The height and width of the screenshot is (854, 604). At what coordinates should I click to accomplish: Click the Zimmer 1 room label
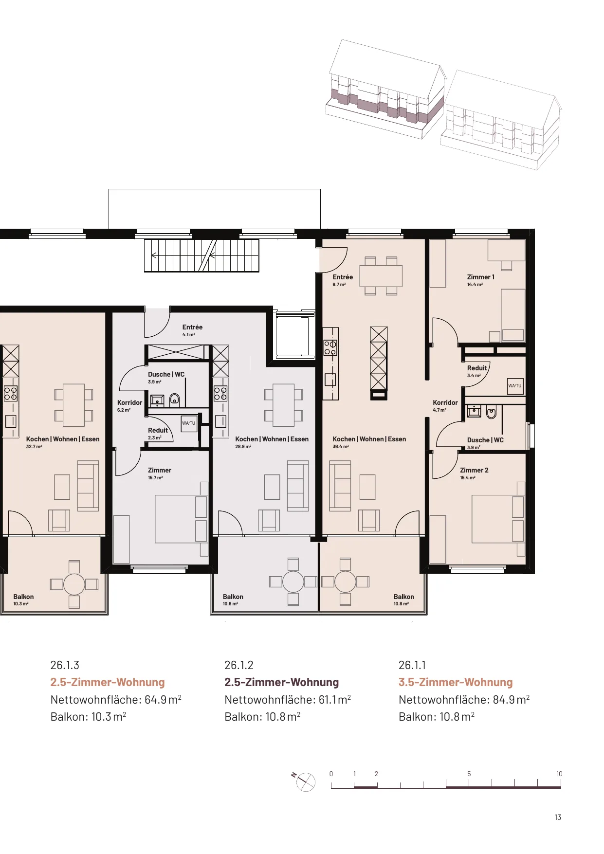click(x=480, y=280)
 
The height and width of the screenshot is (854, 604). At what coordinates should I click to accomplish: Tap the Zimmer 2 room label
click(x=474, y=473)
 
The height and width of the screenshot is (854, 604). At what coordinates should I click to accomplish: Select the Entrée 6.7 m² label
click(x=343, y=280)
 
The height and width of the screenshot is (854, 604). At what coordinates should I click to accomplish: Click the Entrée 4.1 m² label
click(x=192, y=330)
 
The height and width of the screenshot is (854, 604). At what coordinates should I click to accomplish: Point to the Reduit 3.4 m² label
click(x=477, y=371)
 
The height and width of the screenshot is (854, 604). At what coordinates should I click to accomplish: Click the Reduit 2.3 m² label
click(x=158, y=434)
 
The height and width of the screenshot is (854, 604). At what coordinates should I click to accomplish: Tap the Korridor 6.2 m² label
click(x=129, y=406)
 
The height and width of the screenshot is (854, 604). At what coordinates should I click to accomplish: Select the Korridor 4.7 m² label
click(x=445, y=406)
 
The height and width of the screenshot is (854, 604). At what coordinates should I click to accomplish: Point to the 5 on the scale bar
click(x=469, y=774)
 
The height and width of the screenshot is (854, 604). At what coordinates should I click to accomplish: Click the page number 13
click(x=558, y=817)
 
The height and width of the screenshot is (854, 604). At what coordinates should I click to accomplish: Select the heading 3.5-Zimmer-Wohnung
click(x=456, y=682)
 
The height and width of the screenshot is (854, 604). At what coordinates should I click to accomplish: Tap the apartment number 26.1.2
click(x=238, y=665)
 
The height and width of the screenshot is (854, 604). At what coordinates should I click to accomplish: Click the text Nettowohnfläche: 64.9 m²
click(x=116, y=699)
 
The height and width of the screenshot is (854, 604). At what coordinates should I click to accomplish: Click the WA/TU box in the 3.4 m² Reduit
click(x=515, y=386)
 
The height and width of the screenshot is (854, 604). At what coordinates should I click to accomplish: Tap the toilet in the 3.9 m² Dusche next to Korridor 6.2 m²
click(x=174, y=400)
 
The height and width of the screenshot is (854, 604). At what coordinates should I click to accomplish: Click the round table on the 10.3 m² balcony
click(x=74, y=584)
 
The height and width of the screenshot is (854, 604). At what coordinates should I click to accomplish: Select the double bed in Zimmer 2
click(x=498, y=519)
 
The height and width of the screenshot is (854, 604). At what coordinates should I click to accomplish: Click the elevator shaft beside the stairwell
click(x=293, y=335)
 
